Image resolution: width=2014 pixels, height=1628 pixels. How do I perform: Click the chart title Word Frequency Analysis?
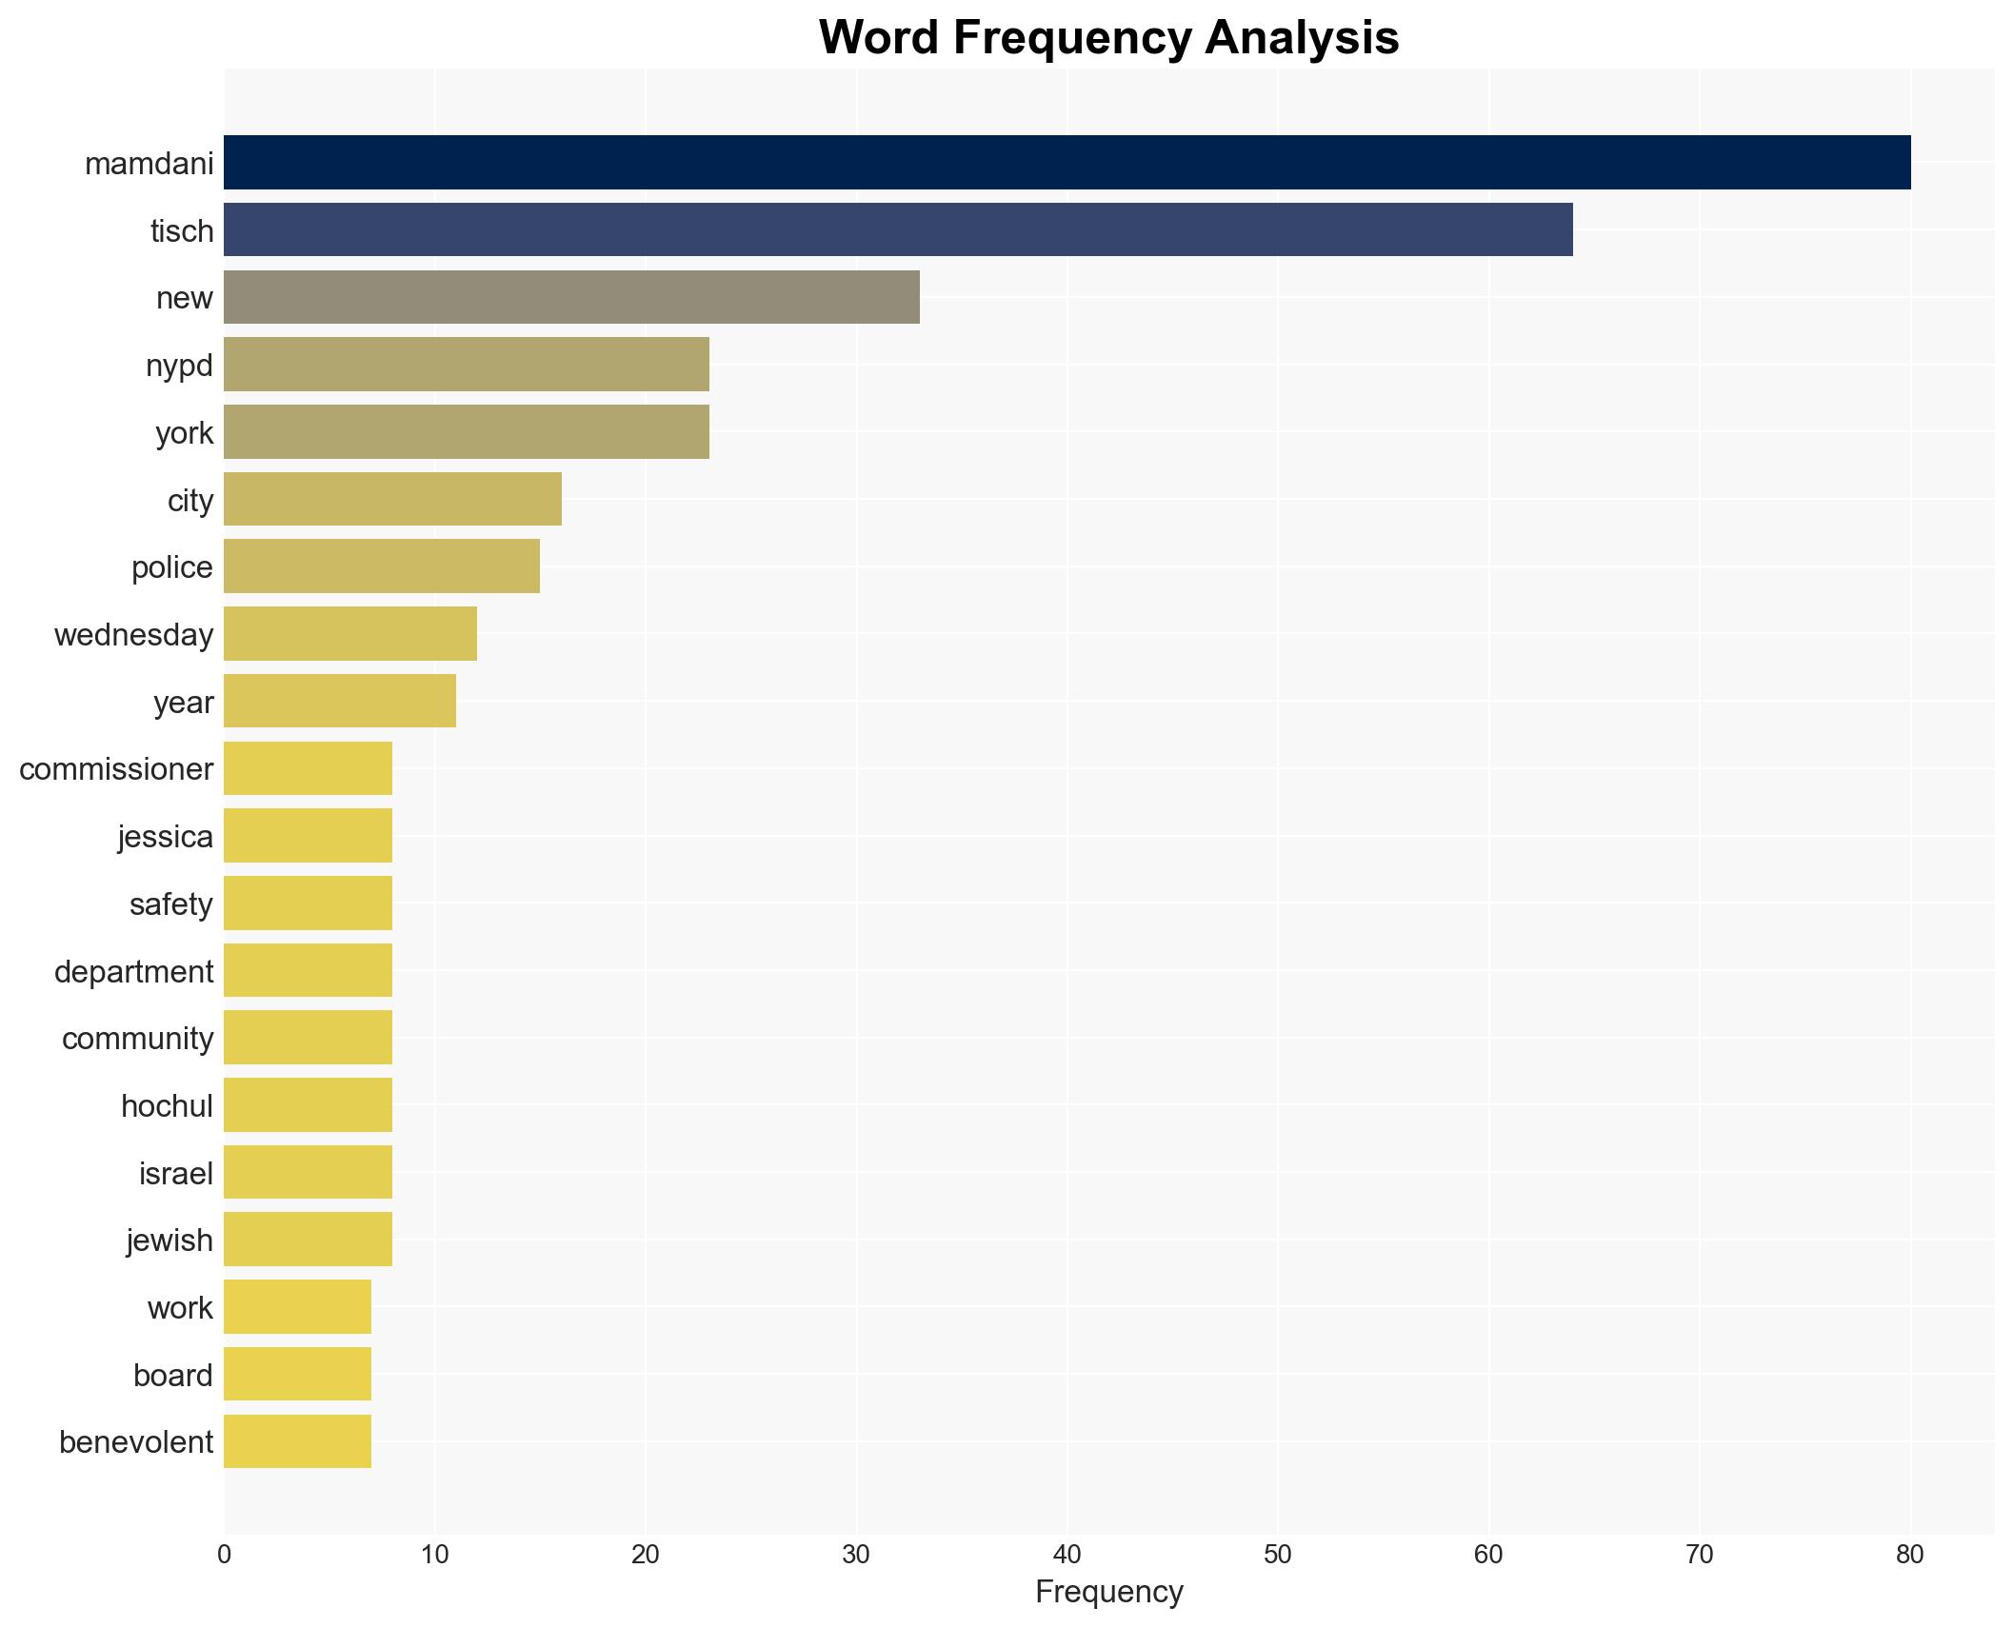[x=1108, y=38]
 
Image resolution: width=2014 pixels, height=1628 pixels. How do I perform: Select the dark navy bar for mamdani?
[x=1067, y=163]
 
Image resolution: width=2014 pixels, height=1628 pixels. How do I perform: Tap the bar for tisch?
[x=898, y=229]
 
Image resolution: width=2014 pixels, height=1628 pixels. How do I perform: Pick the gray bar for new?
[x=571, y=297]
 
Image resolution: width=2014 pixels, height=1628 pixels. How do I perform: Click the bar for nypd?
[x=467, y=365]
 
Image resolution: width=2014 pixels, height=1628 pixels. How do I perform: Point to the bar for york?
[x=467, y=432]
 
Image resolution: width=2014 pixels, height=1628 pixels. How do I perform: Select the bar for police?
[x=382, y=566]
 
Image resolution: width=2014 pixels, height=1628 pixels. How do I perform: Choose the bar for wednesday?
[x=350, y=634]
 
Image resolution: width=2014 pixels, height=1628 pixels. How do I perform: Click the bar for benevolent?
[x=297, y=1441]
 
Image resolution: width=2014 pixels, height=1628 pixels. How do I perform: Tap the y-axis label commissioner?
[x=116, y=769]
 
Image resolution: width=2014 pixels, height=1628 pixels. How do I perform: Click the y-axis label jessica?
[x=166, y=837]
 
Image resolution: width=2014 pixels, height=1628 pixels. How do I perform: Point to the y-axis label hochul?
[x=167, y=1106]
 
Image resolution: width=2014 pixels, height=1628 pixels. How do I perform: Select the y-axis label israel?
[x=176, y=1174]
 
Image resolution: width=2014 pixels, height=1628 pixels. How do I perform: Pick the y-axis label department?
[x=133, y=972]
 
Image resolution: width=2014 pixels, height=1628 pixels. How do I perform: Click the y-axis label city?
[x=190, y=501]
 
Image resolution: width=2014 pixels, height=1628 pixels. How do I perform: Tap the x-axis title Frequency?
[x=1108, y=1592]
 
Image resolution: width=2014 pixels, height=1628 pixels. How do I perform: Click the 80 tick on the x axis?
[x=1909, y=1556]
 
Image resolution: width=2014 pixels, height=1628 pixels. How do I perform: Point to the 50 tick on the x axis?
[x=1277, y=1556]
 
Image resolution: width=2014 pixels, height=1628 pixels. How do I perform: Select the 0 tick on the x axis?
[x=224, y=1556]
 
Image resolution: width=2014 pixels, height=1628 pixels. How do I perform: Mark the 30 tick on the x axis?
[x=856, y=1556]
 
